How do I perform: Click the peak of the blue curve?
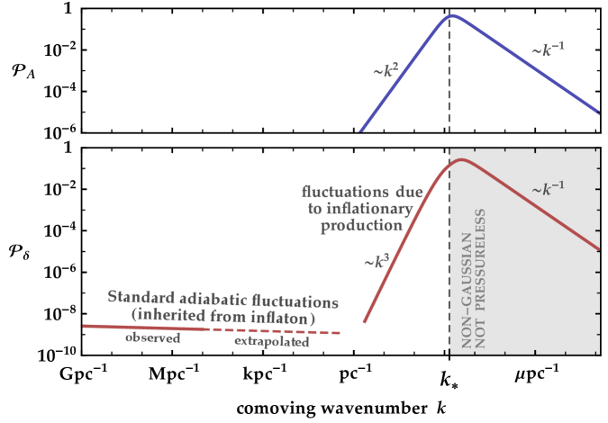click(452, 15)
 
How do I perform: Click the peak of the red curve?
click(461, 160)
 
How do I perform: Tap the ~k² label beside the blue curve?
click(385, 68)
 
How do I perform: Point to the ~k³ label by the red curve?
click(377, 262)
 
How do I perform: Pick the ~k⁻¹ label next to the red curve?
click(549, 190)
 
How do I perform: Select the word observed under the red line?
click(152, 338)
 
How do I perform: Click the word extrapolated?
click(271, 343)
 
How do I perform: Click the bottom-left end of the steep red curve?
click(364, 320)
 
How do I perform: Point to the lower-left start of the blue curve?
click(361, 130)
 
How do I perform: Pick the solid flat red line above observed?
click(144, 328)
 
